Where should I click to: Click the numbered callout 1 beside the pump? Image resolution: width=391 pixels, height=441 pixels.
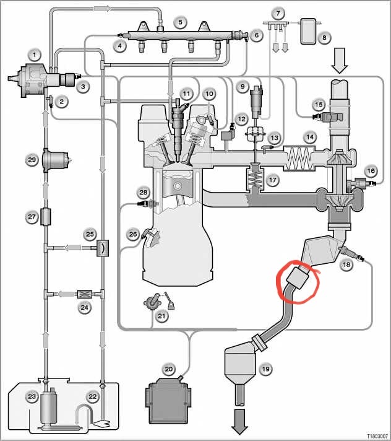(x=35, y=55)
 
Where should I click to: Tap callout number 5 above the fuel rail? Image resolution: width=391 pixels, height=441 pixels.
(x=180, y=22)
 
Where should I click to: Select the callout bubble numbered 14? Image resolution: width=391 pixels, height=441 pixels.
(x=310, y=137)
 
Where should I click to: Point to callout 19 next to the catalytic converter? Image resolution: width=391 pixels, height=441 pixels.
(x=265, y=369)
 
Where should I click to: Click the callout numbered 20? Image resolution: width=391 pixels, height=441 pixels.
(x=168, y=369)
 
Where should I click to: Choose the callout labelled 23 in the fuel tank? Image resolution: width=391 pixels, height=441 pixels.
(x=32, y=396)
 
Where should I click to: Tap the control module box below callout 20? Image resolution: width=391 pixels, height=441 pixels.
(x=168, y=401)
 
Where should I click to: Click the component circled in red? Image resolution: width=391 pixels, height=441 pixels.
(x=297, y=278)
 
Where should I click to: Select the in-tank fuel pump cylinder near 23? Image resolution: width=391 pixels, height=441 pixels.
(x=49, y=405)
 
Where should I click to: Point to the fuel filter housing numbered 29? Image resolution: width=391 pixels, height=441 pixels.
(x=55, y=160)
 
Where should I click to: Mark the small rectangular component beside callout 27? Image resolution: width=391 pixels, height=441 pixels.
(x=46, y=217)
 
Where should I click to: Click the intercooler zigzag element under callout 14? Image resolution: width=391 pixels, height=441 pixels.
(x=299, y=159)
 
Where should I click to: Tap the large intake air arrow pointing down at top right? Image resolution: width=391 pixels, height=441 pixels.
(x=340, y=61)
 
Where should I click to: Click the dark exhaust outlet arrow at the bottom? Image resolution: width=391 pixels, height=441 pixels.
(x=239, y=422)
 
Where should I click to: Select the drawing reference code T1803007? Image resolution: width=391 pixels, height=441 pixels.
(x=377, y=436)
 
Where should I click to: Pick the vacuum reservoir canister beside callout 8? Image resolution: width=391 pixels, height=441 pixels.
(x=308, y=31)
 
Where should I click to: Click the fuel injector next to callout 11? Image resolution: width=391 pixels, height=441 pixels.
(x=178, y=129)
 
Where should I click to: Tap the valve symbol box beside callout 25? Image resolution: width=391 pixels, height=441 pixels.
(x=103, y=248)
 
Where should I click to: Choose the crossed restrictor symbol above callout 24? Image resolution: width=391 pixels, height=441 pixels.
(x=84, y=294)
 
